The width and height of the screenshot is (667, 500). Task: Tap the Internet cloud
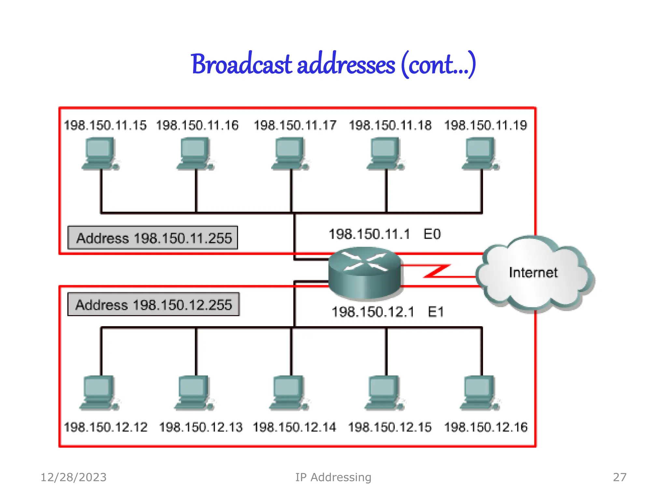[x=533, y=273]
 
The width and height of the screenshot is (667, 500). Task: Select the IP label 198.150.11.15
[x=105, y=125]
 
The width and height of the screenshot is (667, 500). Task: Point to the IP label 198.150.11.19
[x=485, y=125]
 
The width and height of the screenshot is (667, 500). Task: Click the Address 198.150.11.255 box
[x=153, y=238]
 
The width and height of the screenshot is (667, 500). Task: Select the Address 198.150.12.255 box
[x=153, y=305]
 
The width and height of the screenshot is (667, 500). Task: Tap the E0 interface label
[x=432, y=234]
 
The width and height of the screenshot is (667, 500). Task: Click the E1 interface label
[x=436, y=312]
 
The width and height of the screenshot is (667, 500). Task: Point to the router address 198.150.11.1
[x=369, y=234]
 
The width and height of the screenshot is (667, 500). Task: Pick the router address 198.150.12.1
[x=373, y=312]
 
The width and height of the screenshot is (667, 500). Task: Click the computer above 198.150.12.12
[x=99, y=392]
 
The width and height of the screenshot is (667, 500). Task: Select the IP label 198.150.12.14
[x=294, y=427]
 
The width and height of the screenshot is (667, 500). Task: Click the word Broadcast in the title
[x=242, y=64]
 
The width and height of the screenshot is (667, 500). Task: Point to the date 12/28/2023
[x=74, y=477]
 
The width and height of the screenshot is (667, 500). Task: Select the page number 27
[x=619, y=477]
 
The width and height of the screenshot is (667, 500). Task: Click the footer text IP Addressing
[x=333, y=477]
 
